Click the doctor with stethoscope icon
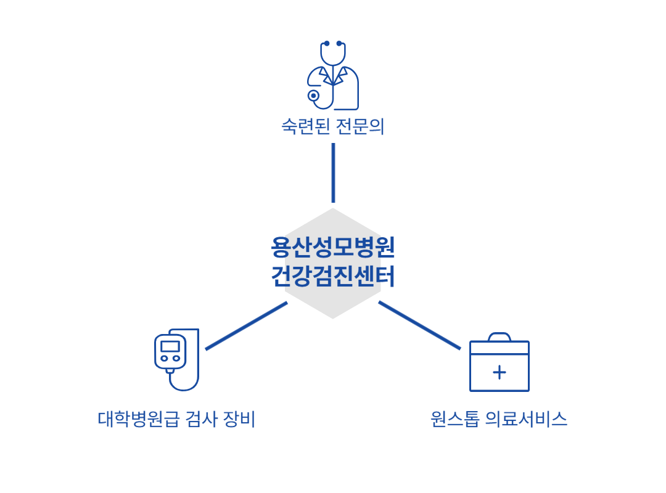pos(333,75)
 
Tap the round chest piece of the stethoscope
pos(313,96)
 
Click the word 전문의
pos(360,126)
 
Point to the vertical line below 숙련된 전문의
pos(333,173)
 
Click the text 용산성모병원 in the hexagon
pos(333,248)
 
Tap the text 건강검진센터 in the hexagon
pos(333,276)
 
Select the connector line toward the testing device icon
pos(247,325)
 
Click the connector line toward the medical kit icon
pos(419,325)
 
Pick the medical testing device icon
pos(177,359)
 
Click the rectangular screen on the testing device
pos(170,346)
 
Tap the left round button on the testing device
pos(165,358)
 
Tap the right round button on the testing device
pos(176,358)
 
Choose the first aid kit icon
pos(499,364)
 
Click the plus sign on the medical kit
pos(499,372)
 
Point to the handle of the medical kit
pos(499,336)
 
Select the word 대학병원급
pos(138,420)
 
